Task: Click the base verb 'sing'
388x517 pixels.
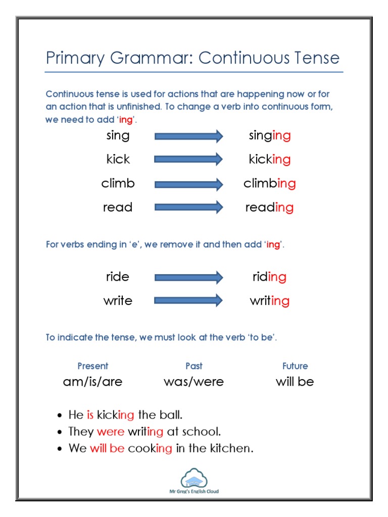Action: pyautogui.click(x=118, y=136)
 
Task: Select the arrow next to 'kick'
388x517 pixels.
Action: pyautogui.click(x=188, y=160)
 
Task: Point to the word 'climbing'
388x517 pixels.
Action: pyautogui.click(x=270, y=183)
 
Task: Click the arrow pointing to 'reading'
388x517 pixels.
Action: pyautogui.click(x=188, y=207)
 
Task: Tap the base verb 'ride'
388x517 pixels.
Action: pyautogui.click(x=118, y=277)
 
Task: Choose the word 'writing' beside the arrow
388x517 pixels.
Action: pyautogui.click(x=270, y=301)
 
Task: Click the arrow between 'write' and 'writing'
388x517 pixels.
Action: pyautogui.click(x=188, y=301)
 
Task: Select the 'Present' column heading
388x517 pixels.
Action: pyautogui.click(x=92, y=366)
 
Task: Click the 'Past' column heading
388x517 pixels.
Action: pyautogui.click(x=194, y=366)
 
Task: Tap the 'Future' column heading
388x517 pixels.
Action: pyautogui.click(x=295, y=366)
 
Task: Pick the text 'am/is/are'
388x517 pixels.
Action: pyautogui.click(x=92, y=382)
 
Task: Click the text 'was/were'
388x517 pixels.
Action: pyautogui.click(x=194, y=382)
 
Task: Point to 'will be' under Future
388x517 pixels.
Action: pyautogui.click(x=295, y=382)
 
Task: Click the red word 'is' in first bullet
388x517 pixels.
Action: pyautogui.click(x=90, y=415)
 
